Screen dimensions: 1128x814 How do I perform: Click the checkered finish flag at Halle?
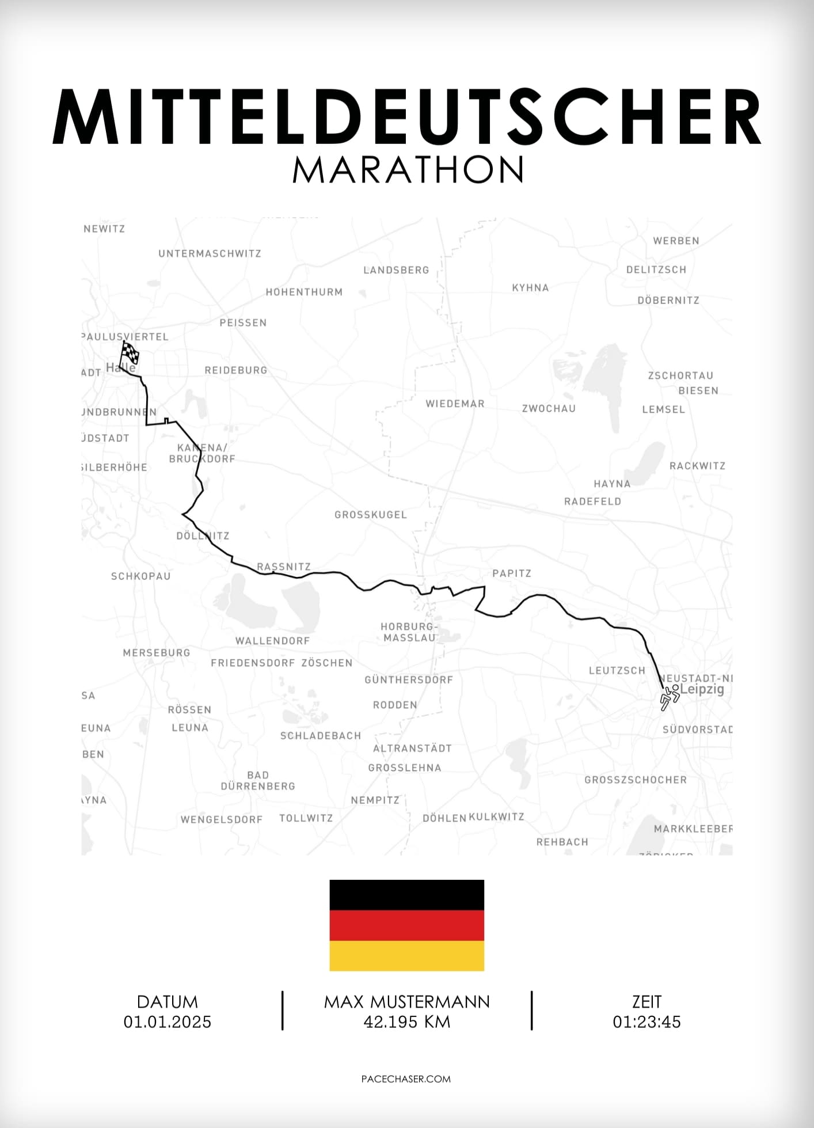click(x=130, y=352)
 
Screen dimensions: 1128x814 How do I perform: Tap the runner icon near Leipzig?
click(x=670, y=697)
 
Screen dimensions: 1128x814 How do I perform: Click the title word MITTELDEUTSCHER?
click(x=407, y=117)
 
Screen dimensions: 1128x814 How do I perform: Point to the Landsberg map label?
click(x=396, y=270)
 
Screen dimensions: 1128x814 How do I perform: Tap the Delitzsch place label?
click(x=656, y=269)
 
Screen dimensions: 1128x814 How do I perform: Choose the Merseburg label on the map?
click(x=157, y=653)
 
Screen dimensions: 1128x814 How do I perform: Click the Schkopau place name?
click(x=141, y=576)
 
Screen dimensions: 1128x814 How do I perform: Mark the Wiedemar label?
click(x=455, y=404)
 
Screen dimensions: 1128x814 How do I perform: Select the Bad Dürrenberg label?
click(x=258, y=781)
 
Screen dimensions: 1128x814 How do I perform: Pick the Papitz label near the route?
click(x=512, y=574)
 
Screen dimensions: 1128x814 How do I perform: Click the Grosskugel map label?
click(x=371, y=515)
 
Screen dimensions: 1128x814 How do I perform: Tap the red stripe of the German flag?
click(x=406, y=925)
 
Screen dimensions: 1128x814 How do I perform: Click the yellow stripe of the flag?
click(x=406, y=956)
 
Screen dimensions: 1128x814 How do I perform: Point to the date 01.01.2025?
click(x=168, y=1022)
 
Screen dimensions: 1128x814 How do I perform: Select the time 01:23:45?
click(x=646, y=1022)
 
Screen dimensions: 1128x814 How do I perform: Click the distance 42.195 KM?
click(x=407, y=1022)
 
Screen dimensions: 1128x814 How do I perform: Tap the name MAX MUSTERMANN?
click(x=407, y=1002)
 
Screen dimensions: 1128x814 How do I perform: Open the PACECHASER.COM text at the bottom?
click(x=406, y=1079)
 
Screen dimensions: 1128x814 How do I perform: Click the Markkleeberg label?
click(x=693, y=829)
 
